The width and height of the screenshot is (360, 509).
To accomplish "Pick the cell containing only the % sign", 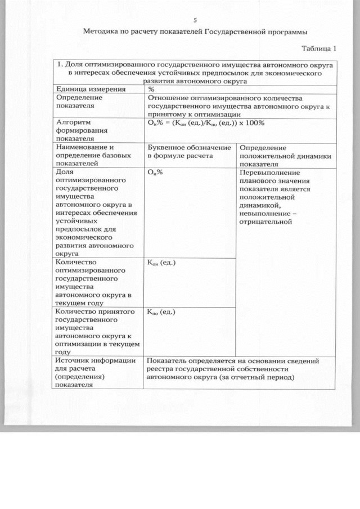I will [151, 89].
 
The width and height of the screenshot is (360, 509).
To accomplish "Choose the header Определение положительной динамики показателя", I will [285, 156].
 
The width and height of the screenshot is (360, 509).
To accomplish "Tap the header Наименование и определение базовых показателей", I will [90, 155].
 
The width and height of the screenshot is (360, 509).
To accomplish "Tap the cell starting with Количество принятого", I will [94, 331].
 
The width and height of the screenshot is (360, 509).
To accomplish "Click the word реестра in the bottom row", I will [160, 369].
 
